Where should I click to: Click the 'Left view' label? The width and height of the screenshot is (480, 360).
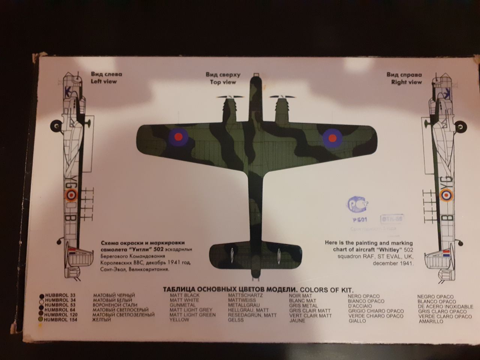pyautogui.click(x=104, y=81)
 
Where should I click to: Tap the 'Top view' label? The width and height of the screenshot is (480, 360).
pyautogui.click(x=223, y=82)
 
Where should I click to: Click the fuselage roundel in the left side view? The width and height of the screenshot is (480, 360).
pyautogui.click(x=71, y=194)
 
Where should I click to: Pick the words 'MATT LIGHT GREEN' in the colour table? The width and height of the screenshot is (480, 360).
pyautogui.click(x=192, y=315)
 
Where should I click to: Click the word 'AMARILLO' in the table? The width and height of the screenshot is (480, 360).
pyautogui.click(x=431, y=321)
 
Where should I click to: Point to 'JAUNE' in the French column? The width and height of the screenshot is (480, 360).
pyautogui.click(x=297, y=321)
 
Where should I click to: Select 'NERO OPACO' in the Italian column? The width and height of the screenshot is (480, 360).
pyautogui.click(x=363, y=296)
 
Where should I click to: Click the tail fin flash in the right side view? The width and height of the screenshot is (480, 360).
pyautogui.click(x=446, y=253)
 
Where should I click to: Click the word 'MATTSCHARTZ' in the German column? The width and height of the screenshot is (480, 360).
pyautogui.click(x=245, y=295)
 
